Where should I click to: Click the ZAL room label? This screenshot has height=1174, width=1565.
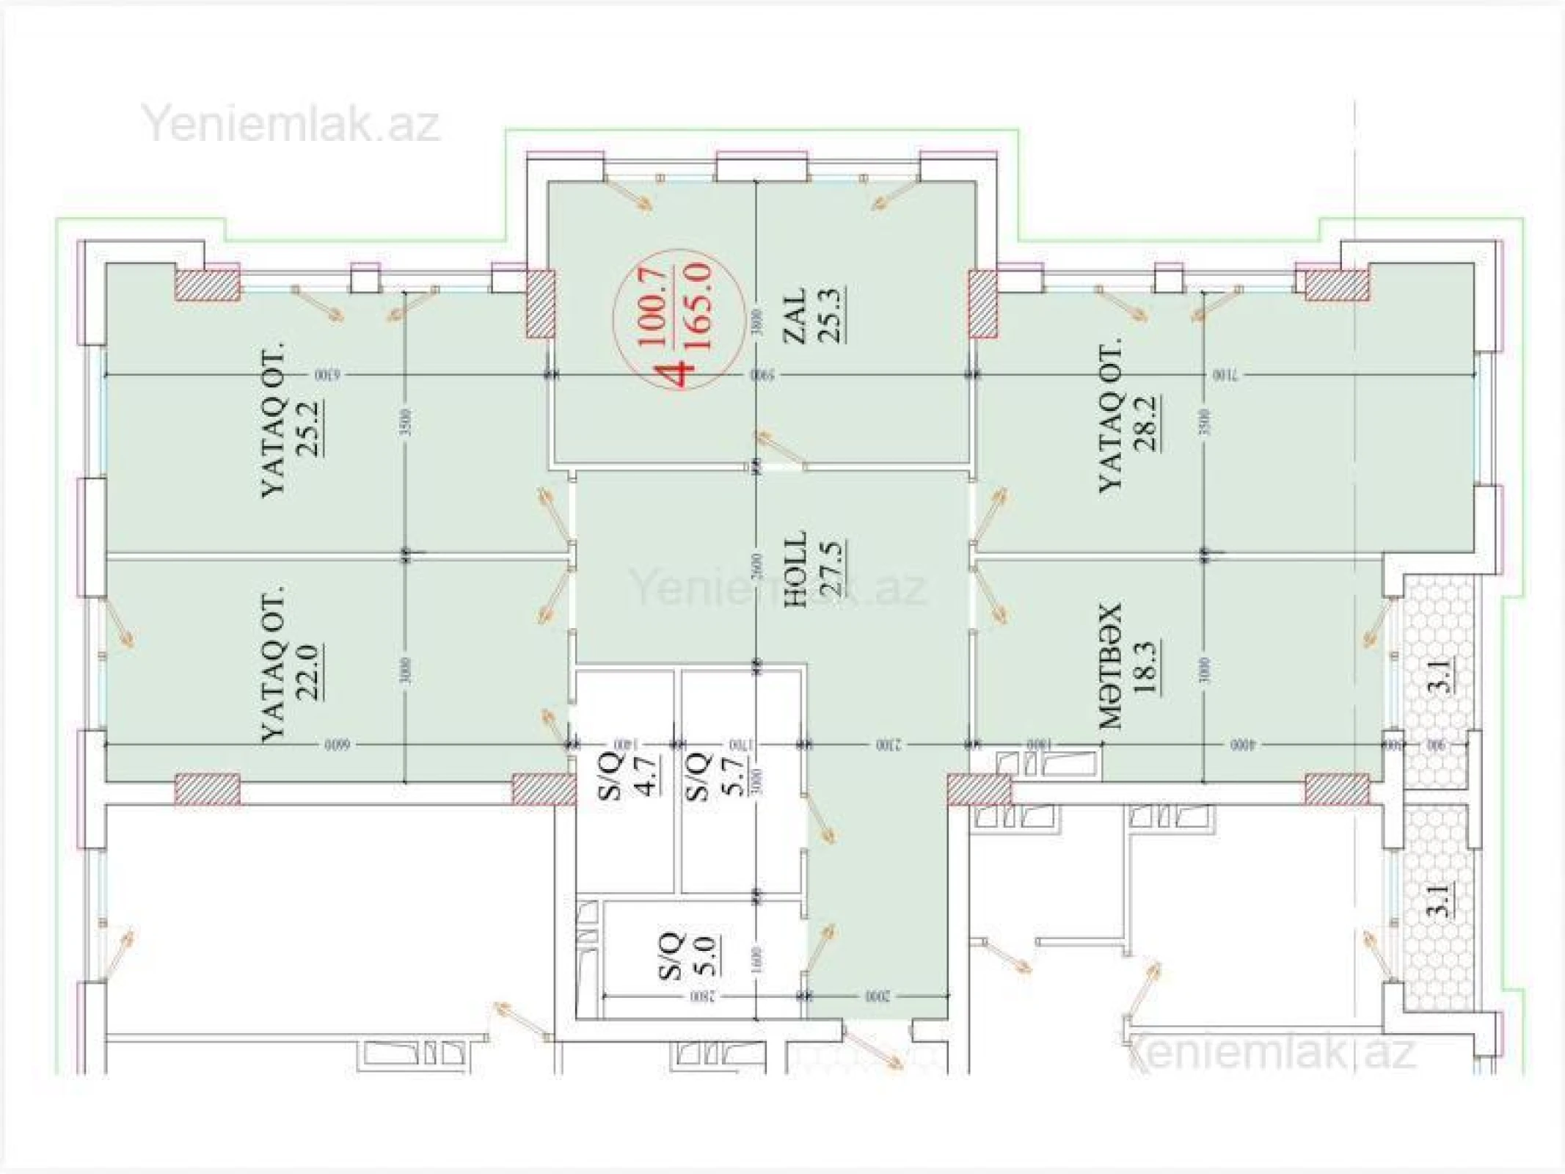797,314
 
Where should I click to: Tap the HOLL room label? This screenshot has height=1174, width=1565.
795,569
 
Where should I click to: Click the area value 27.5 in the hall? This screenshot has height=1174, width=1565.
832,569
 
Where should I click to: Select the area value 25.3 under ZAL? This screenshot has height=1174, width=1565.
832,314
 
